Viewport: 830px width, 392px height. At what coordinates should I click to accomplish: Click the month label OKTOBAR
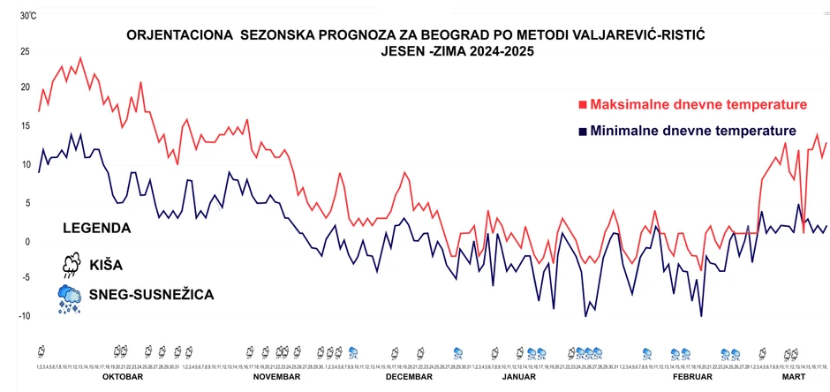(x=123, y=376)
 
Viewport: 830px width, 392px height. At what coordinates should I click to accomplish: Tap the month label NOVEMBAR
(x=276, y=376)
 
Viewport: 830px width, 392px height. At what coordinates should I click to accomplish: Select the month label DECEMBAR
(x=409, y=376)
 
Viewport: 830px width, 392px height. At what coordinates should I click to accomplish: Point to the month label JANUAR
(x=518, y=376)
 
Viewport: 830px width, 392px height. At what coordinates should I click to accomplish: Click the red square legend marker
(x=582, y=105)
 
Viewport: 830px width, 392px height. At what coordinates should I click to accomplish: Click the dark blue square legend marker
(x=582, y=132)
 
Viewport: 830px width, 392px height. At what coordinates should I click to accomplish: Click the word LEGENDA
(x=97, y=228)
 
